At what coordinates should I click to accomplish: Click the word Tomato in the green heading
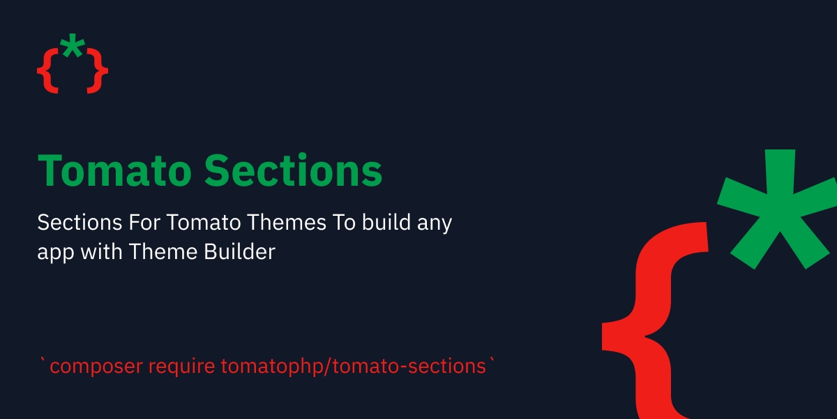click(114, 170)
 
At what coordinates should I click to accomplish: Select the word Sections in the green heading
click(294, 170)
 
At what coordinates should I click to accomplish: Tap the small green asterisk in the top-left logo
click(73, 45)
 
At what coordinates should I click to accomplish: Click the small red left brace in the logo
click(48, 71)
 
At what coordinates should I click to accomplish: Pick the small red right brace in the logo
click(98, 71)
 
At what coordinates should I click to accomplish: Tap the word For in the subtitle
click(144, 222)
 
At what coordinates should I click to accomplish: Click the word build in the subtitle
click(386, 222)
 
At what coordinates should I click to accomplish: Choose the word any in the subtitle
click(435, 224)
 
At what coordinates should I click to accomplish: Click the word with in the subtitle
click(102, 251)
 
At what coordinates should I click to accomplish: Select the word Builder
click(239, 251)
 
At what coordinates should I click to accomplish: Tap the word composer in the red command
click(96, 367)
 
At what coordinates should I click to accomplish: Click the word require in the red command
click(181, 367)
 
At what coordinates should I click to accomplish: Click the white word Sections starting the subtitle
click(80, 222)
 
